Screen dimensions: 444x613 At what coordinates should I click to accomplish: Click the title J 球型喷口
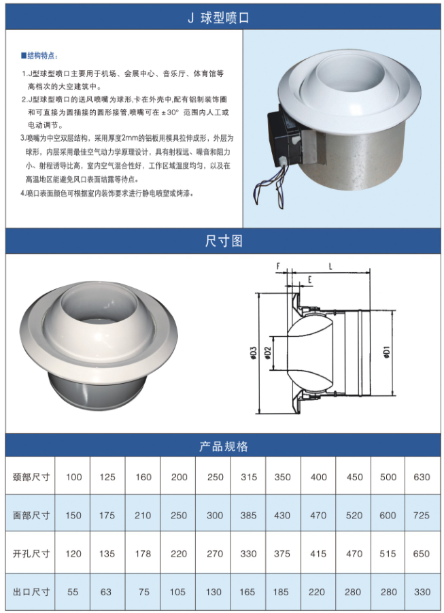pyautogui.click(x=218, y=18)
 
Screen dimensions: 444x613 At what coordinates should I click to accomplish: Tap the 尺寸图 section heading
pyautogui.click(x=224, y=241)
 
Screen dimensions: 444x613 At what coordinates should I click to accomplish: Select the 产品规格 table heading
pyautogui.click(x=224, y=446)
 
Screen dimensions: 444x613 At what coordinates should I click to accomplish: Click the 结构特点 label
pyautogui.click(x=39, y=56)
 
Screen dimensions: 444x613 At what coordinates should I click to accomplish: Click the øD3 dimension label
pyautogui.click(x=253, y=352)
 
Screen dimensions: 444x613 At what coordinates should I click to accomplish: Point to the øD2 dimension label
pyautogui.click(x=268, y=352)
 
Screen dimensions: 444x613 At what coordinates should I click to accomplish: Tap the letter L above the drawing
pyautogui.click(x=330, y=267)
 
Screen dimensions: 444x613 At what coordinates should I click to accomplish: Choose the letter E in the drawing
pyautogui.click(x=309, y=280)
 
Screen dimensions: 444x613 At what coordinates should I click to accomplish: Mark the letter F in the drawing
pyautogui.click(x=278, y=266)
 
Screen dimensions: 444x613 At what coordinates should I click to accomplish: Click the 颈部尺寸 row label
pyautogui.click(x=31, y=477)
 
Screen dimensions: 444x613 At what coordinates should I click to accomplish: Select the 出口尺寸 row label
pyautogui.click(x=31, y=592)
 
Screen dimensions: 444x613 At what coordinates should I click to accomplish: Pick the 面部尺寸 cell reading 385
pyautogui.click(x=249, y=515)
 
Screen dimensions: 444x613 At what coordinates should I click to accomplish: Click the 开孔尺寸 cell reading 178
pyautogui.click(x=143, y=554)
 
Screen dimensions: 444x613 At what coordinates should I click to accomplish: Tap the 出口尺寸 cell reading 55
pyautogui.click(x=73, y=592)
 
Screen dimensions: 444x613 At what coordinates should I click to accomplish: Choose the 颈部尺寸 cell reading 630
pyautogui.click(x=422, y=477)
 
